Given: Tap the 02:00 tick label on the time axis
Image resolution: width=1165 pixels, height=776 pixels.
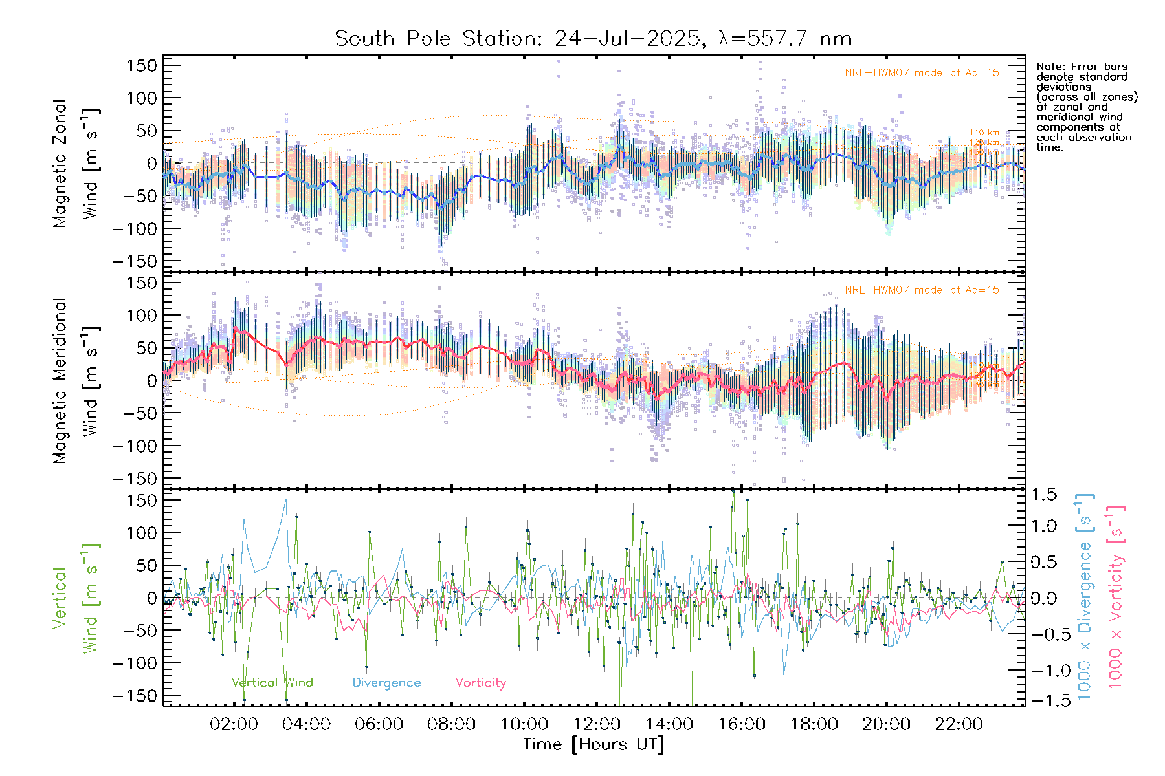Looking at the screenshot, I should click(234, 724).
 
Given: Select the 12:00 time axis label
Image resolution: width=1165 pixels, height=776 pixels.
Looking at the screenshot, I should click(596, 724).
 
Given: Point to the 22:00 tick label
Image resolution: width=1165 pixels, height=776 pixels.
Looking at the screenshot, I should click(959, 724).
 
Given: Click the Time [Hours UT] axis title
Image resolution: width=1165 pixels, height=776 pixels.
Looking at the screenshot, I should click(594, 744).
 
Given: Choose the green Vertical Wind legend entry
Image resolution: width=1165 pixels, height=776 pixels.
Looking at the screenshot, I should click(272, 683).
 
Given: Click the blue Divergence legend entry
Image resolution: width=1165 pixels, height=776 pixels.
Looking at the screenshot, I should click(386, 683).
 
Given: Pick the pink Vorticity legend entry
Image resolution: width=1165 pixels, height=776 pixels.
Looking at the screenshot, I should click(480, 683).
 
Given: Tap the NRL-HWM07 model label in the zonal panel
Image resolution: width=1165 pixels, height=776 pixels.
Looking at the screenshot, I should click(922, 73).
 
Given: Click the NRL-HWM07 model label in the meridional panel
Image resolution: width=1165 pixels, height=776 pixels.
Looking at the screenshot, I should click(922, 290).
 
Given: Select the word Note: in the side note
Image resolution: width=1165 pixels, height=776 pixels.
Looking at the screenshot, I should click(1051, 67).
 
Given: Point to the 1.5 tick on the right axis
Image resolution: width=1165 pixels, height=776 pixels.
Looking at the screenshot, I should click(1043, 495).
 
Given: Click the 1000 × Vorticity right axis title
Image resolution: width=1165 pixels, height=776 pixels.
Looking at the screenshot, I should click(1116, 597).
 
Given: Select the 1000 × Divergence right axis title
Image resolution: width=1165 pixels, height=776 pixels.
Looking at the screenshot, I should click(1085, 597).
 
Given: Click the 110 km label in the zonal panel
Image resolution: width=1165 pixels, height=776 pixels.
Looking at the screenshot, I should click(984, 133).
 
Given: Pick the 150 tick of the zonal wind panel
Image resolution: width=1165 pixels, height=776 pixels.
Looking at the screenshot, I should click(142, 66).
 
